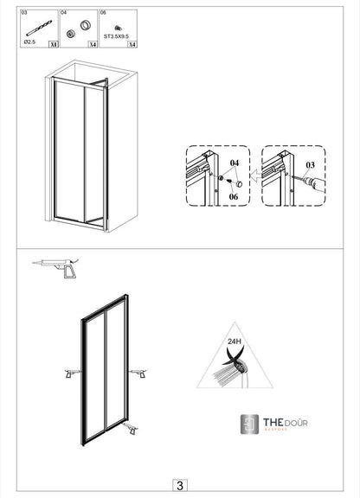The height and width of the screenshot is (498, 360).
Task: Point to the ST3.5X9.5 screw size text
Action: click(x=116, y=38)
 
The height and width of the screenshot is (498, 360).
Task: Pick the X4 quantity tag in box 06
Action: click(x=132, y=42)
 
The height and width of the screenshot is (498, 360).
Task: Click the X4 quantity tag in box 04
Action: click(x=92, y=42)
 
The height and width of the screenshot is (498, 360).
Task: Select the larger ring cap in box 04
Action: click(x=86, y=25)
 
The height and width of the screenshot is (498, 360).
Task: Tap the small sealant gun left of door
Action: click(x=67, y=373)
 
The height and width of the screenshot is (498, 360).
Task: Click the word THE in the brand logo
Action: click(x=275, y=422)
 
